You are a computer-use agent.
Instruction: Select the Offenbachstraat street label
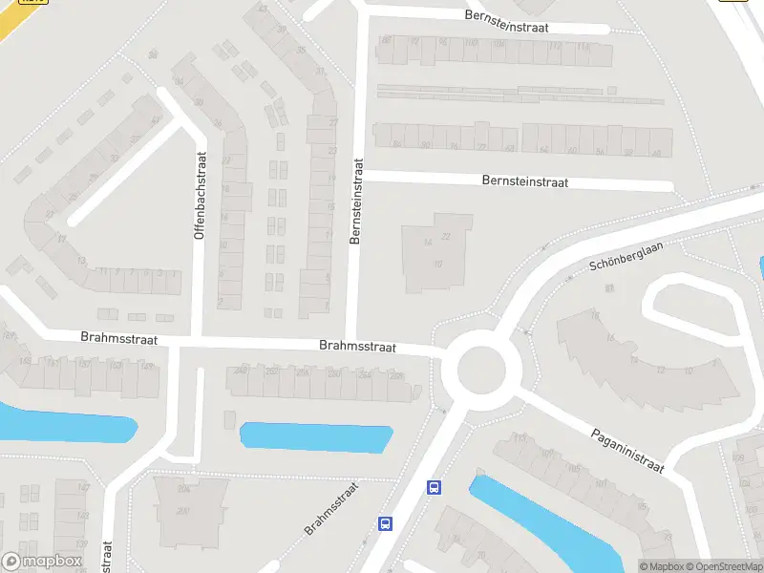[201, 196]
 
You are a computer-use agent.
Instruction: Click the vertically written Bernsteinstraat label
[357, 202]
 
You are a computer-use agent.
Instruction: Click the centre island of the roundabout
[480, 369]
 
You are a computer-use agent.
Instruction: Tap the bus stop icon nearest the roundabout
[434, 487]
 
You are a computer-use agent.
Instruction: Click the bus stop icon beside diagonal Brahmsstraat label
[386, 523]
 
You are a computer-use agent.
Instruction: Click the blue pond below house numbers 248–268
[316, 437]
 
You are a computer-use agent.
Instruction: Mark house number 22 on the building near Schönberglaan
[446, 237]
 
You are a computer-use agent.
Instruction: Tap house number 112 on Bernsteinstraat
[582, 44]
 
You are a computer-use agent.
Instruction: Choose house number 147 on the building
[83, 487]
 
